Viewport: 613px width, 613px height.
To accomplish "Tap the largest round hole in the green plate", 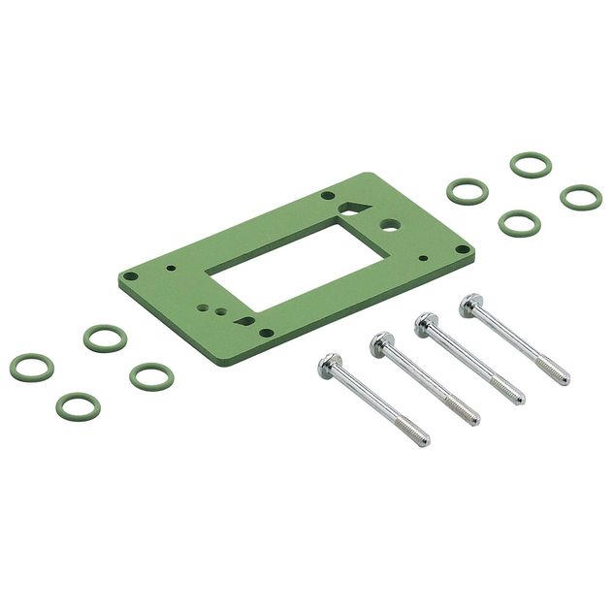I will [x=390, y=221].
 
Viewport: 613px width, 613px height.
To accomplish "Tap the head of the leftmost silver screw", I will [x=331, y=366].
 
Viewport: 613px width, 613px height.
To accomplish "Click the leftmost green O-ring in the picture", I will [x=31, y=368].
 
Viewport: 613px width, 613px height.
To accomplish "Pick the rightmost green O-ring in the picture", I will [x=580, y=196].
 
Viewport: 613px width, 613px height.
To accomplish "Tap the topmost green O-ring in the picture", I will [x=531, y=165].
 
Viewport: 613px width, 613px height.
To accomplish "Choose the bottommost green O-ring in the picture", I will [x=78, y=404].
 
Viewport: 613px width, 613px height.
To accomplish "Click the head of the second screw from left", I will [x=380, y=343].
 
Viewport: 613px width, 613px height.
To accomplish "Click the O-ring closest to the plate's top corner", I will [x=468, y=190].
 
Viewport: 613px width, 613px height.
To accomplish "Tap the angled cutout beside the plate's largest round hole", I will [x=352, y=208].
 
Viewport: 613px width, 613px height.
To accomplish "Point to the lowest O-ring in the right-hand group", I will [x=519, y=222].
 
